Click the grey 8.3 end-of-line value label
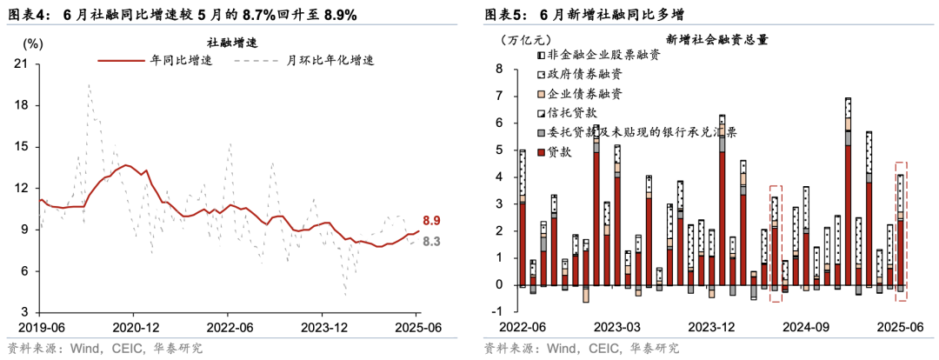(431, 241)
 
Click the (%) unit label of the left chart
(31, 42)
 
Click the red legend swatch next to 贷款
(542, 151)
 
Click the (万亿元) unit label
(527, 40)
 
